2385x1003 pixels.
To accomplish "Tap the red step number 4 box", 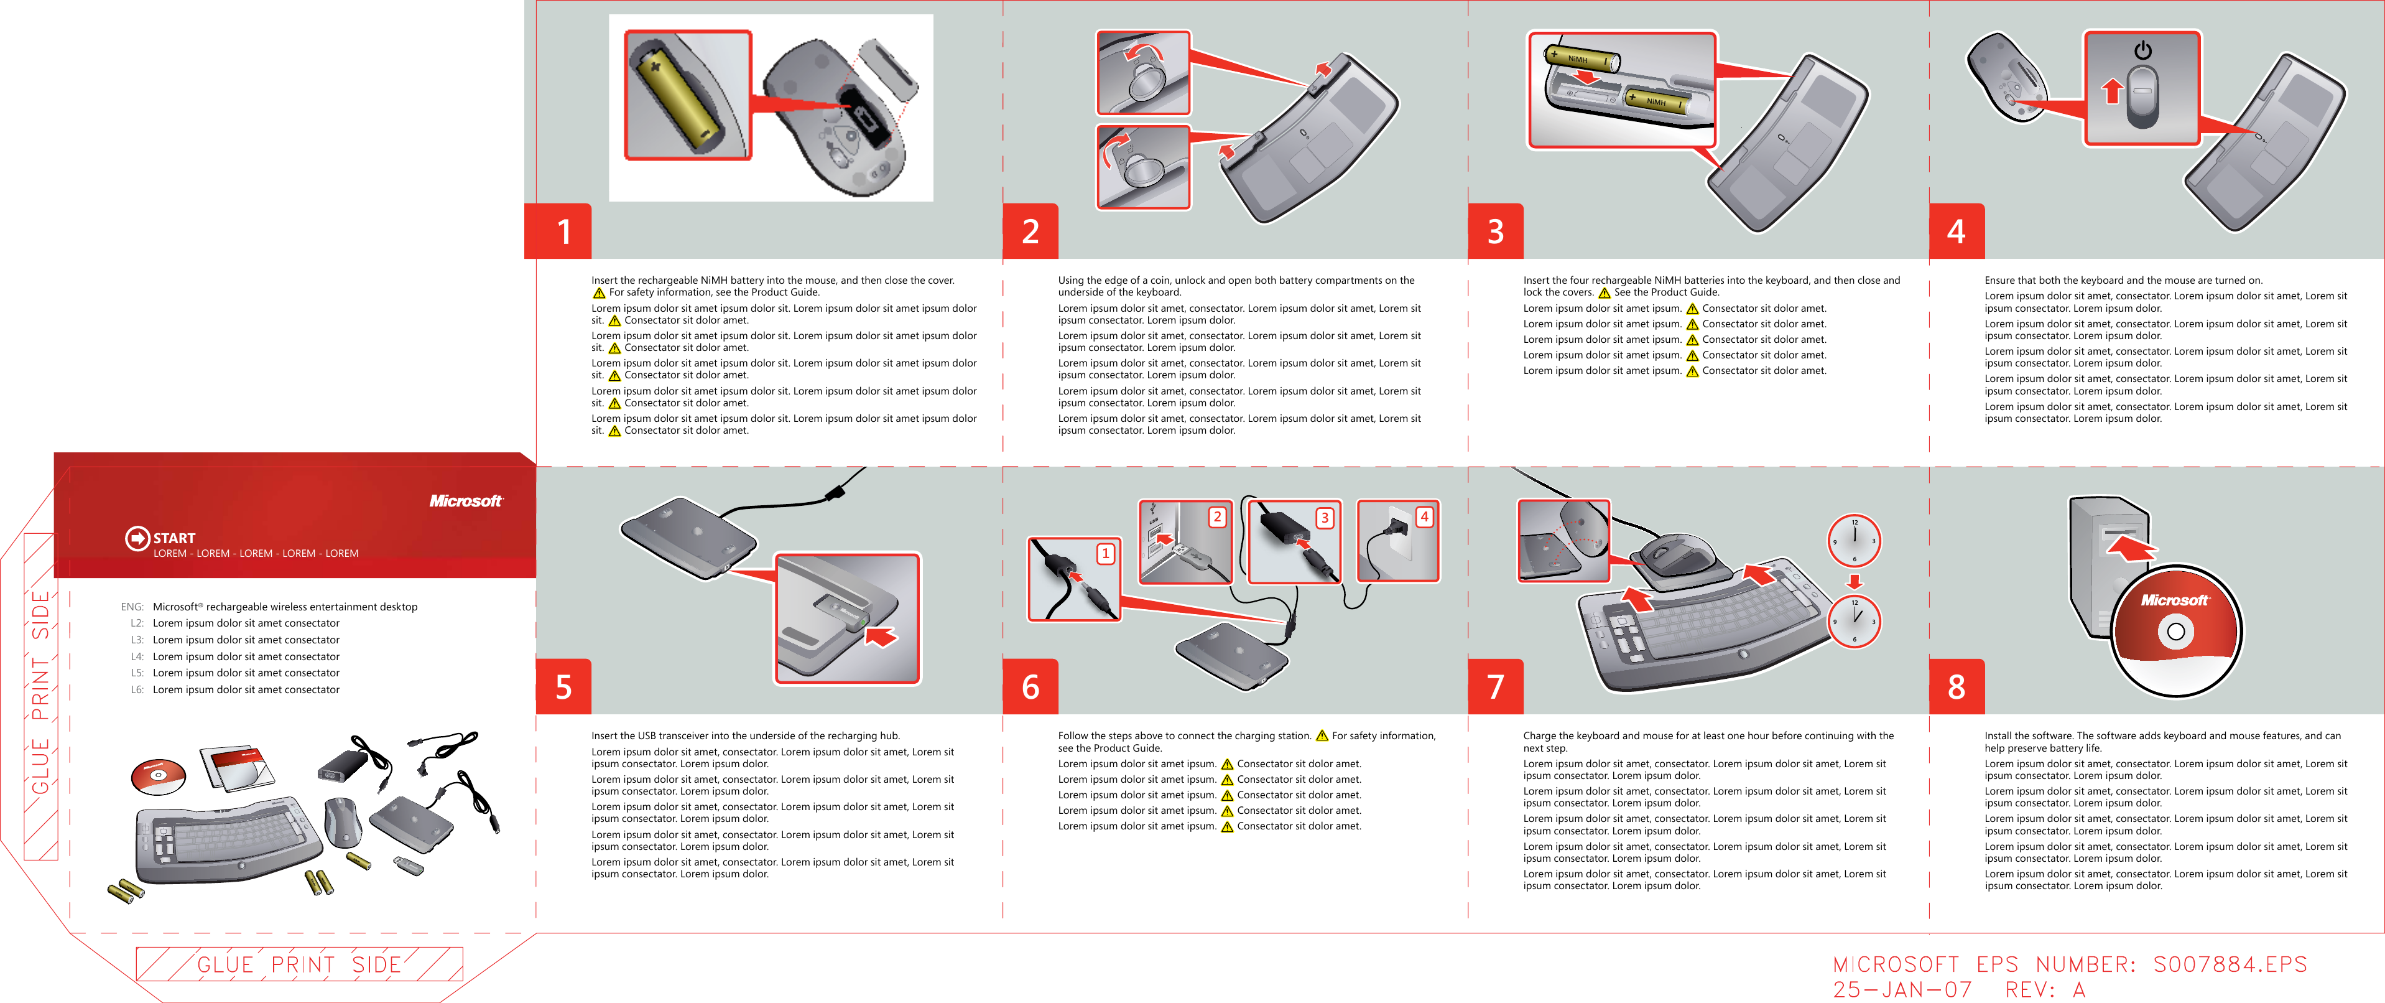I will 1955,231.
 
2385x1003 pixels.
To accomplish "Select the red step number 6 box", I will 1029,686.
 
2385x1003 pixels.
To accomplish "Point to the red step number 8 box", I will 1955,686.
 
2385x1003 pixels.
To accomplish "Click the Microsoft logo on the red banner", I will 466,501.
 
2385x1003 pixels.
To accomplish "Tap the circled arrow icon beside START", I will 137,538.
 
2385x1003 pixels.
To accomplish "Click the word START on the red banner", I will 174,538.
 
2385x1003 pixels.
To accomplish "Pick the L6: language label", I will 136,690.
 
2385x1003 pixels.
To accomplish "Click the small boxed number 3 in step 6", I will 1325,518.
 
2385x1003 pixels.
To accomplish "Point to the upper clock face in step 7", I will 1853,541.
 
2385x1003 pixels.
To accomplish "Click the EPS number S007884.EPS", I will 2230,964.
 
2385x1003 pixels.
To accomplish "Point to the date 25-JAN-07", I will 1902,990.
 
